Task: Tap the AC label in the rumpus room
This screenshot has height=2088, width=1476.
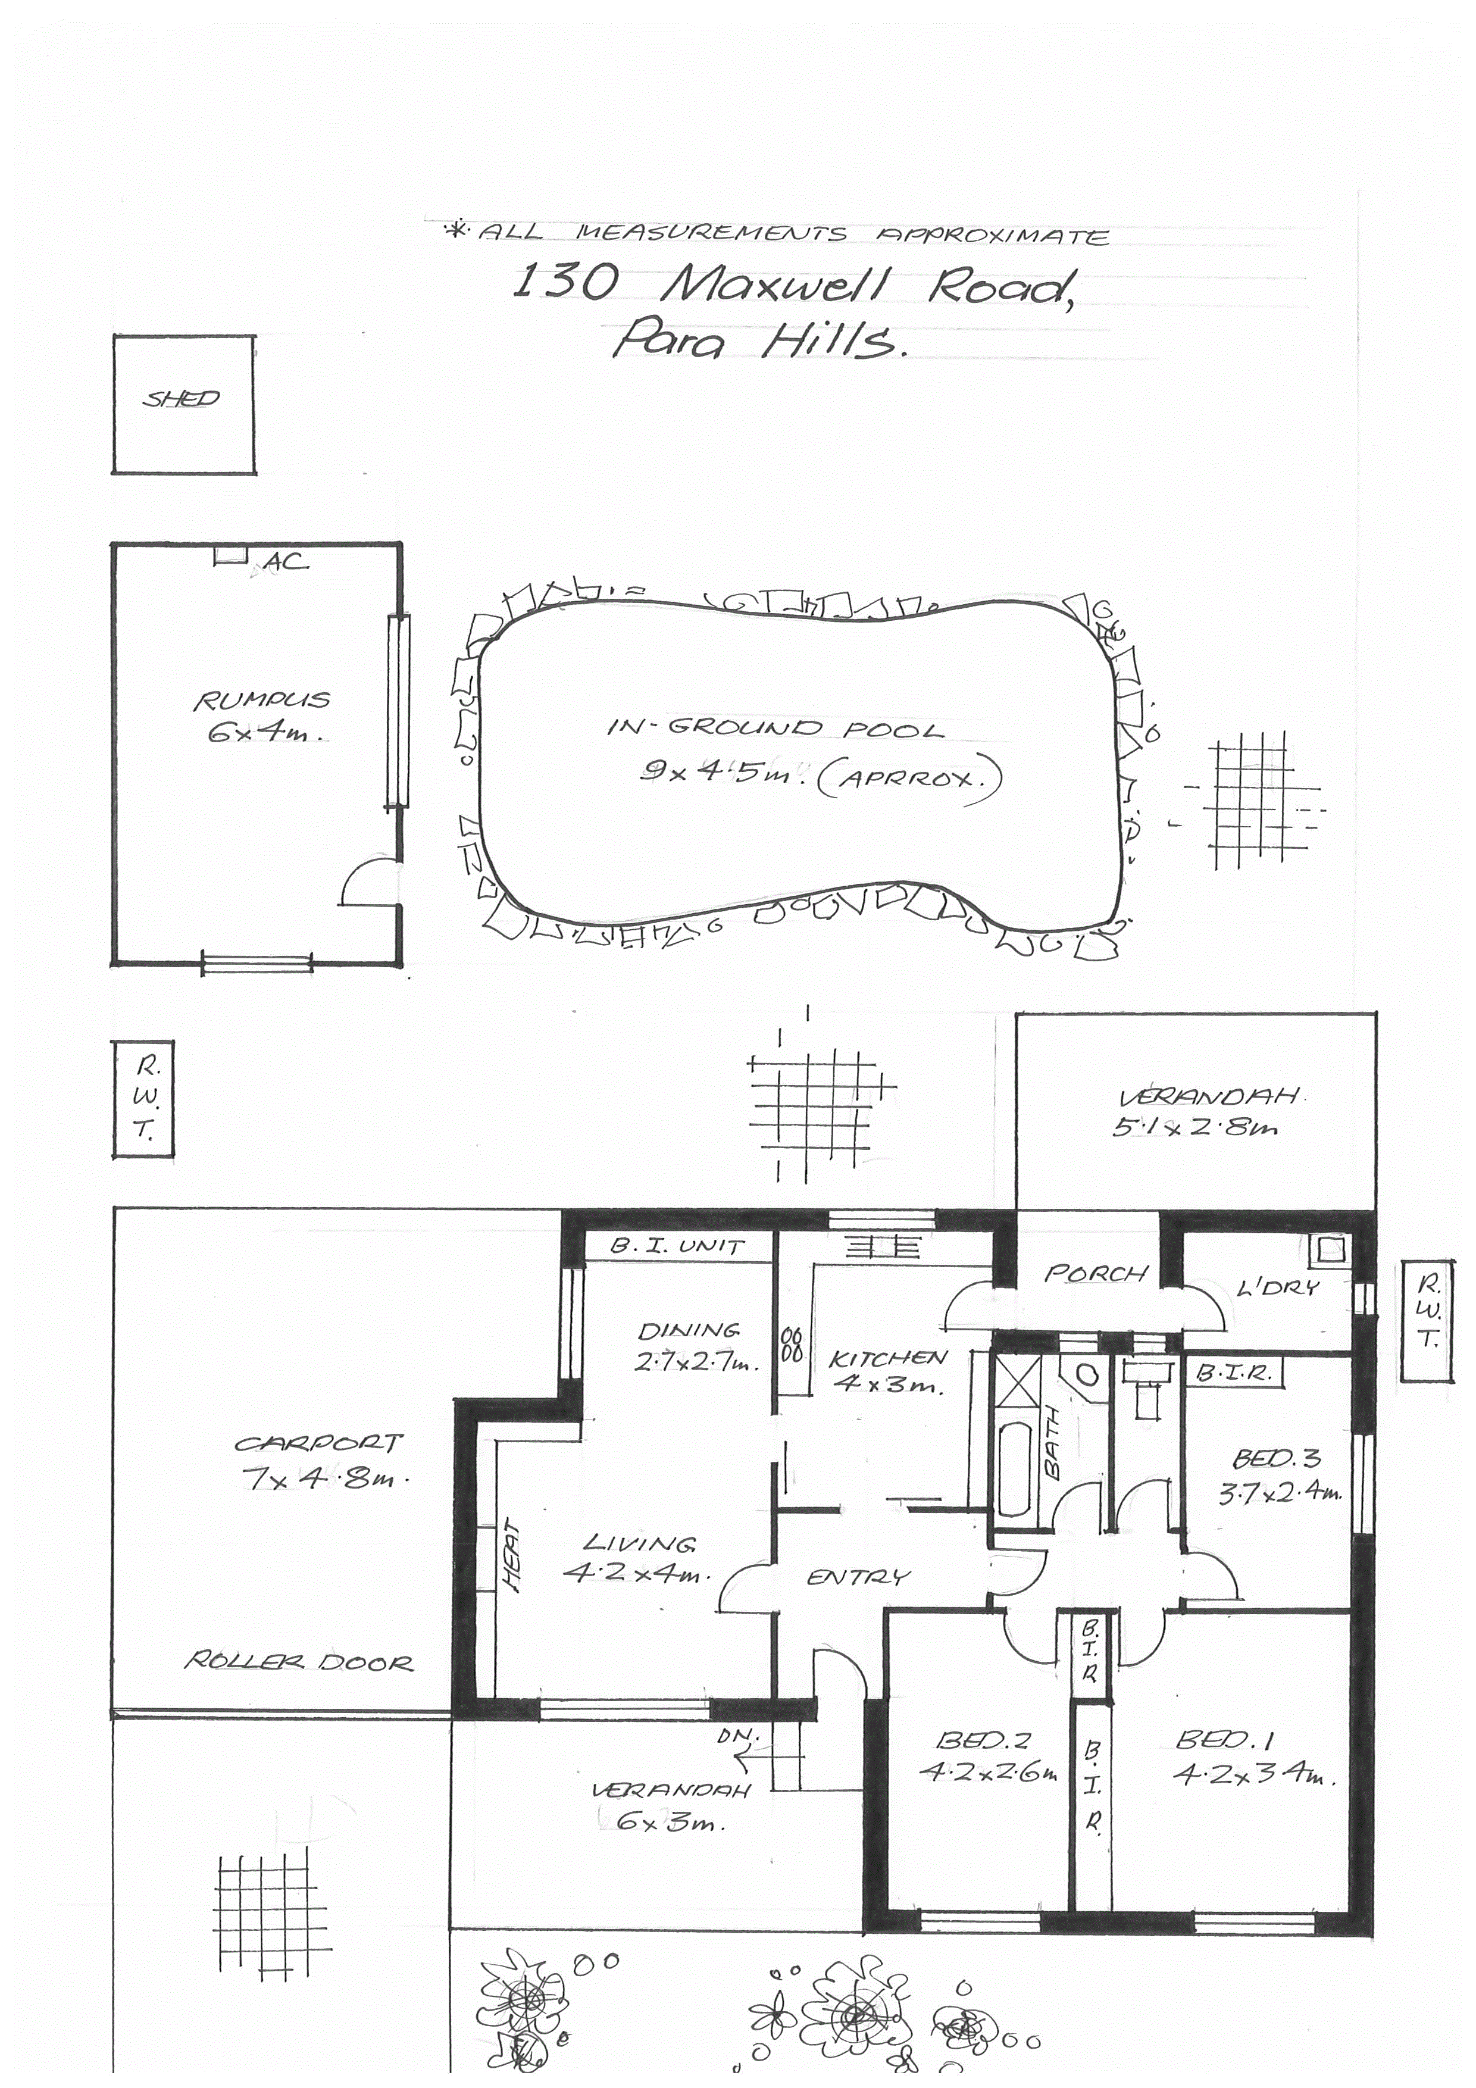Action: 286,563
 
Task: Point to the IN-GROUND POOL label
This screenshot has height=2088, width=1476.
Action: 775,727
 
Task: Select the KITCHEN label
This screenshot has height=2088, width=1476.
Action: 889,1359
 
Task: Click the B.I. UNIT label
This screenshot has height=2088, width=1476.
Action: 677,1245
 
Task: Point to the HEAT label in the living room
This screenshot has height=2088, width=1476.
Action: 512,1557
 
